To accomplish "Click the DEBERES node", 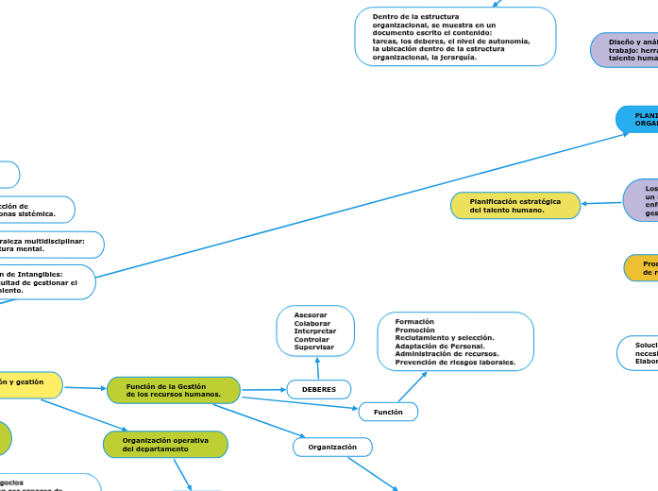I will click(318, 389).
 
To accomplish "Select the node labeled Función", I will click(388, 412).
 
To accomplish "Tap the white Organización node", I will click(332, 447).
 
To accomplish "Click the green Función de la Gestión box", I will click(174, 390).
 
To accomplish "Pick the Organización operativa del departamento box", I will click(165, 444).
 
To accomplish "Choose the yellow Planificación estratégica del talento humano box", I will click(515, 206).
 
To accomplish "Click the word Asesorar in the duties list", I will click(311, 314).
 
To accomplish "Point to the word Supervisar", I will click(314, 347).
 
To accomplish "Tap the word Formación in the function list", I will click(414, 322).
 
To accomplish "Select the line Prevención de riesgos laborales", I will click(455, 362).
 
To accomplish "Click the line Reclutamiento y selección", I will click(444, 338).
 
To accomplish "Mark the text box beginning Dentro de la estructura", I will click(455, 37).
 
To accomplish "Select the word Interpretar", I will click(314, 331).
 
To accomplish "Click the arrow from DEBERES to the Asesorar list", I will click(317, 369).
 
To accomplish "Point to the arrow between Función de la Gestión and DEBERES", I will click(263, 389).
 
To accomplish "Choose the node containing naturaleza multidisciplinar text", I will click(47, 245).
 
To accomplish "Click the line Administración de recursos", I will click(447, 354).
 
